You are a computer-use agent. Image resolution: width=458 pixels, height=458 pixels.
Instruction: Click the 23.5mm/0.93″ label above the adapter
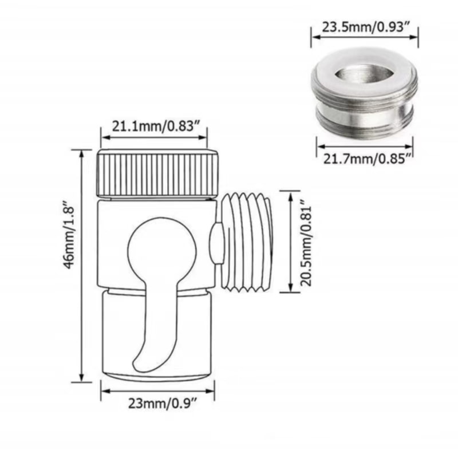[364, 26]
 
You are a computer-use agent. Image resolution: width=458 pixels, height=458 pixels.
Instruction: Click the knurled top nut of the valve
[157, 173]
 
